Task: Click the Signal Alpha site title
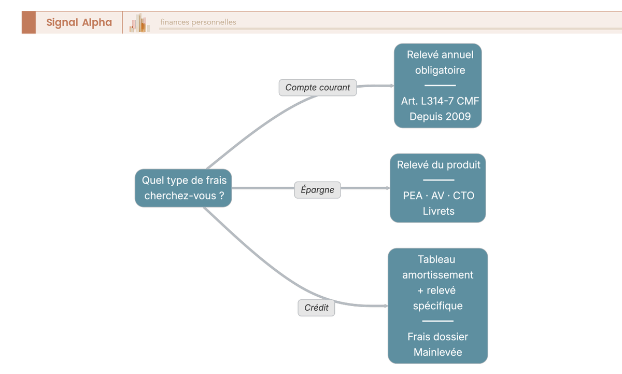point(79,22)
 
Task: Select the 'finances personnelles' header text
point(198,22)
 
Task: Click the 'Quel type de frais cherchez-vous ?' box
point(183,188)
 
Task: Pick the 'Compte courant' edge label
point(318,88)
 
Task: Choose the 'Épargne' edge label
point(317,190)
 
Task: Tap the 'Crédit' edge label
point(316,308)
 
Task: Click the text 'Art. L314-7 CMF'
point(440,101)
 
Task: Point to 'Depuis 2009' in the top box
point(440,117)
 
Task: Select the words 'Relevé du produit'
point(439,165)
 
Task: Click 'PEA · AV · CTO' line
point(439,196)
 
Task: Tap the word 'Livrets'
point(439,211)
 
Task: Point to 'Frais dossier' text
point(437,337)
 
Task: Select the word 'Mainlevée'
point(437,352)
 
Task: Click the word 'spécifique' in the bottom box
point(437,306)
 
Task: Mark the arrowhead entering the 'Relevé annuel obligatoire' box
point(391,86)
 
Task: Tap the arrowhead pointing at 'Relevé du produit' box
point(387,188)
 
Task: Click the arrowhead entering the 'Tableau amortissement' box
point(385,306)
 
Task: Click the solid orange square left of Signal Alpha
point(29,22)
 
